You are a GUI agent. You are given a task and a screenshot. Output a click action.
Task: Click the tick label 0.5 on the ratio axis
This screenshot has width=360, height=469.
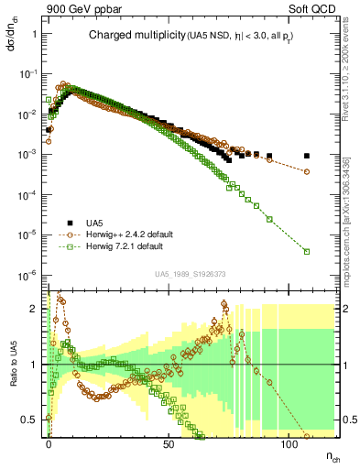(31, 420)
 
